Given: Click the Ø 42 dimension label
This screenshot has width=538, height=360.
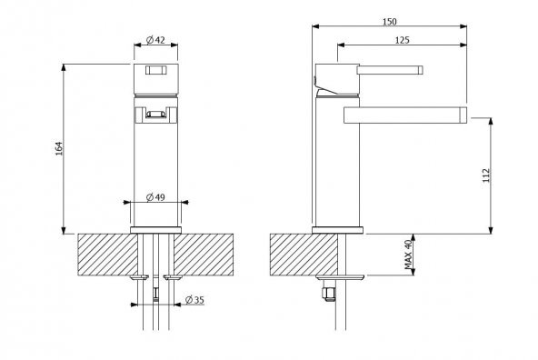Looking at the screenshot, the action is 155,40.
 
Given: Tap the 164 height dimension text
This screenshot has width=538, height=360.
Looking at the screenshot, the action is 59,148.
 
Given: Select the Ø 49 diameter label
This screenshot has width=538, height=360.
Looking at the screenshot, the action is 155,197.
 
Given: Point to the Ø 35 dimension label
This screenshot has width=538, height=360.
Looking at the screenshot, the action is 194,300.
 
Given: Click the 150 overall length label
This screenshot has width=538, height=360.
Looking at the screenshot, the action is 390,22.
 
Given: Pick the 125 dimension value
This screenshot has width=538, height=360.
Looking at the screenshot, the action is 402,40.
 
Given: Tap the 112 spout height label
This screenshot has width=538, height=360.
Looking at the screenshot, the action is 486,175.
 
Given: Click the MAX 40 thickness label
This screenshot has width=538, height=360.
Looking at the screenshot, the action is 408,255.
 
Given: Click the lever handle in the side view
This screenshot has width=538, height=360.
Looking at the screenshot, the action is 390,70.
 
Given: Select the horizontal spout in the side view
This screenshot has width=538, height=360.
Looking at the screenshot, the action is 405,115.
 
